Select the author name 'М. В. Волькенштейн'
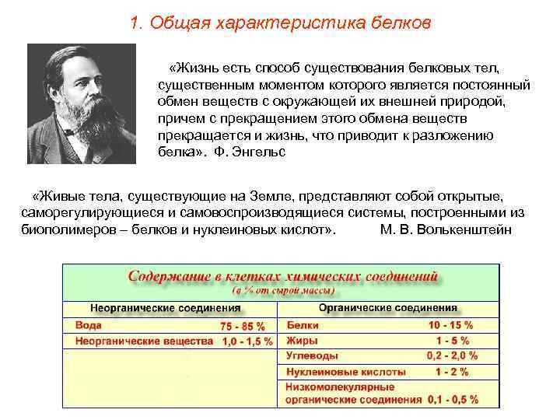click(446, 231)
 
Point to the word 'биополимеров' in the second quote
click(59, 231)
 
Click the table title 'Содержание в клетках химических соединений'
click(283, 278)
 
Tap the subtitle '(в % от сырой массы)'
click(284, 291)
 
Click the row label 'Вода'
click(89, 325)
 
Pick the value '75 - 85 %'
click(243, 326)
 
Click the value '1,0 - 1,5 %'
click(247, 341)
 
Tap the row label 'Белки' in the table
click(303, 325)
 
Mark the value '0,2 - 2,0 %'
click(452, 355)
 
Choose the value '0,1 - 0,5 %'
click(452, 400)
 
